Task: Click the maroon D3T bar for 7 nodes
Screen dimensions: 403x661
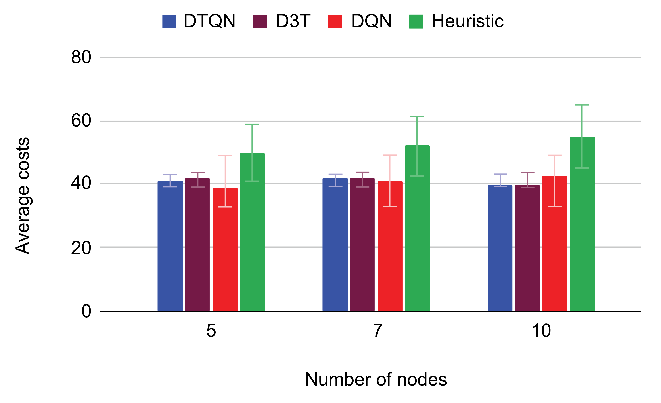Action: [x=362, y=245]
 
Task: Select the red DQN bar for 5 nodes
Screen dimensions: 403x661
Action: [x=225, y=250]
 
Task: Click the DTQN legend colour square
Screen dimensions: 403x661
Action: [x=169, y=21]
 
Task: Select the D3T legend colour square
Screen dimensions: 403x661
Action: [x=260, y=21]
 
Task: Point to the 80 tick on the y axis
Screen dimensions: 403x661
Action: [x=81, y=57]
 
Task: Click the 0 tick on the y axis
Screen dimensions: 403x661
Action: [x=86, y=311]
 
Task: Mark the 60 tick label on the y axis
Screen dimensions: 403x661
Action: [x=81, y=121]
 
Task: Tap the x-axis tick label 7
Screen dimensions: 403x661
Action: [x=377, y=331]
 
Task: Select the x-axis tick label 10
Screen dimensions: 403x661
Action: [x=541, y=331]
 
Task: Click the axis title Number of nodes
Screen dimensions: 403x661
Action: [x=376, y=379]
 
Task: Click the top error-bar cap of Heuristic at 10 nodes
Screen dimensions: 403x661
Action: [x=582, y=105]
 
